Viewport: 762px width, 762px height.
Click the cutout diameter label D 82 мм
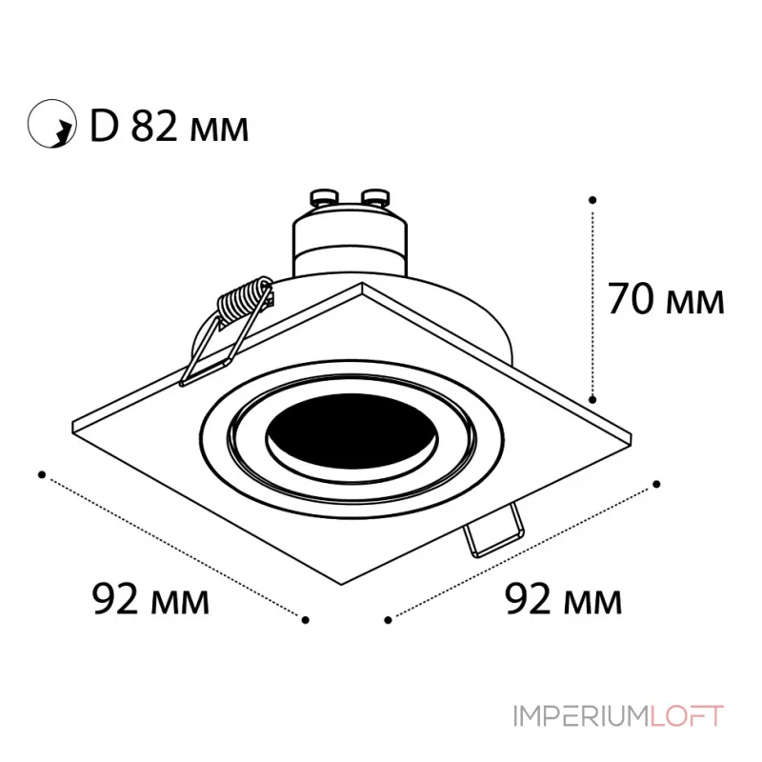[x=170, y=126]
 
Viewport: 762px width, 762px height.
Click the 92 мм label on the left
[x=150, y=599]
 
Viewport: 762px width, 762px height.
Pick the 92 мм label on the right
[x=563, y=599]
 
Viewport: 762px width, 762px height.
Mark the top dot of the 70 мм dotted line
[x=592, y=200]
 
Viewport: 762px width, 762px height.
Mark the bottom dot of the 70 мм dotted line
[x=592, y=399]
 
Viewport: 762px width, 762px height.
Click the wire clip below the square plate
[x=495, y=531]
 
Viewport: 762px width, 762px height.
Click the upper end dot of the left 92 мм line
[x=42, y=472]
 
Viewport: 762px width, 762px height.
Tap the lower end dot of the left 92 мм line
[x=305, y=620]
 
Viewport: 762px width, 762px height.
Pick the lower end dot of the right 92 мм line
[x=388, y=620]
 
